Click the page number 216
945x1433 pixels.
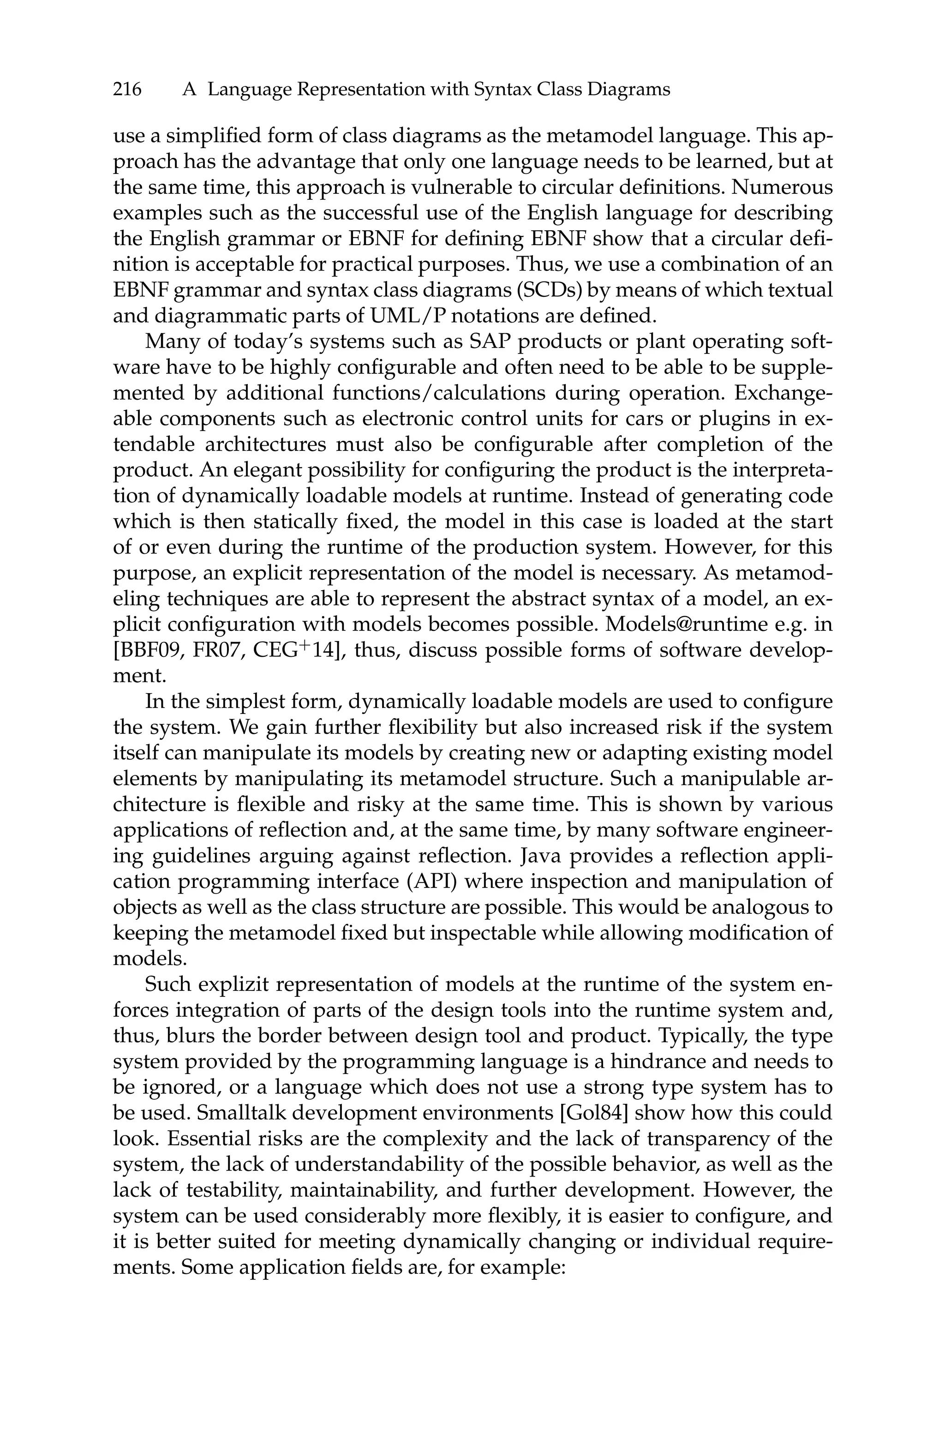click(127, 90)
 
